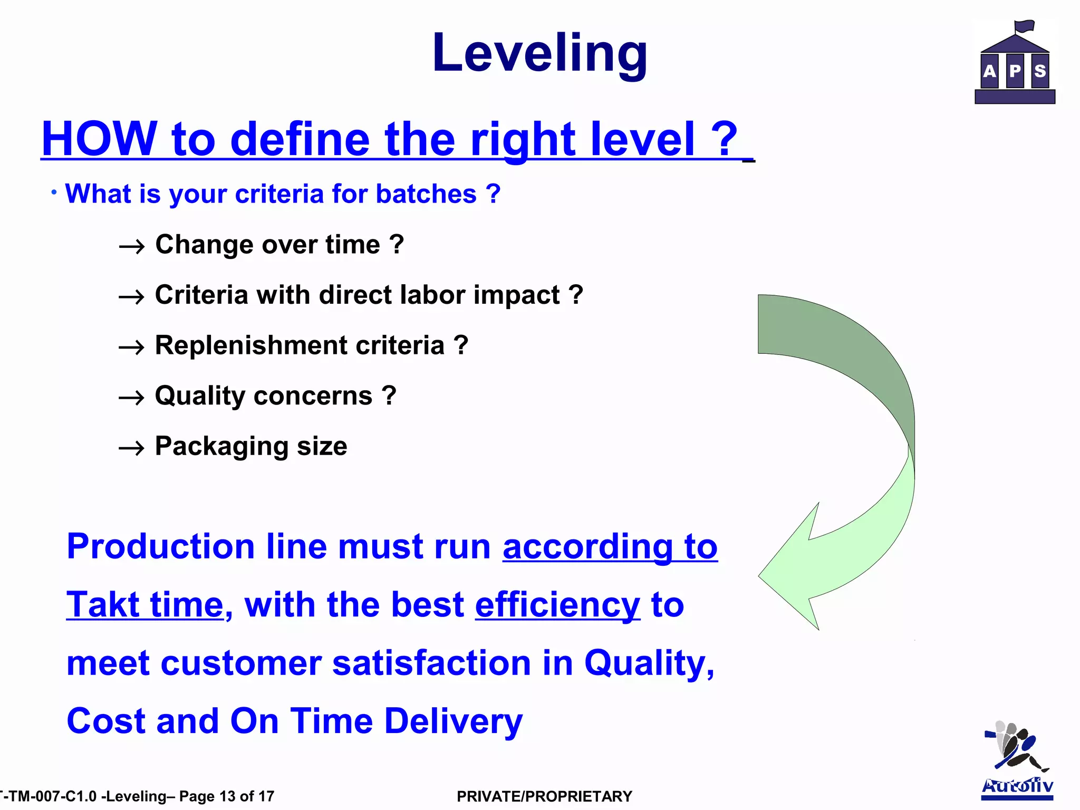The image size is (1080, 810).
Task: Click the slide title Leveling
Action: click(539, 53)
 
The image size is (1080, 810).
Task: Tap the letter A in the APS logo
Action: click(990, 71)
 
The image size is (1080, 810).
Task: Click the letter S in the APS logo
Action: click(1040, 71)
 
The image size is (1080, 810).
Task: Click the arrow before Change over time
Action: click(131, 246)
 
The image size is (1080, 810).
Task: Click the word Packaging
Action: click(220, 447)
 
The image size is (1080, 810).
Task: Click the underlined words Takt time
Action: click(145, 604)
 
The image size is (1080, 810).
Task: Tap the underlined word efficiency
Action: click(557, 604)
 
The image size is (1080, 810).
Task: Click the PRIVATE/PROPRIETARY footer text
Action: click(544, 796)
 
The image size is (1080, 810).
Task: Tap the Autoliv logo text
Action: click(1017, 786)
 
